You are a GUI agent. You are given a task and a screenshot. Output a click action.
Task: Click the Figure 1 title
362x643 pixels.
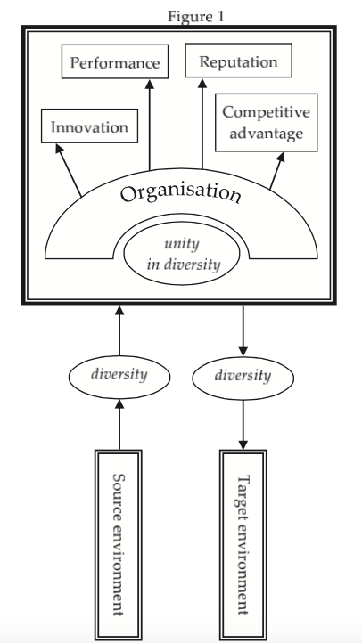click(x=196, y=16)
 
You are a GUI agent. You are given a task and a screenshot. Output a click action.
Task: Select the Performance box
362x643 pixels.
click(x=115, y=61)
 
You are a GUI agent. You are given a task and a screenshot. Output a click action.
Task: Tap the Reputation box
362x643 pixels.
click(x=238, y=61)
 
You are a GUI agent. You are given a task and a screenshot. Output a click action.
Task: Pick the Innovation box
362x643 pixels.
click(x=89, y=126)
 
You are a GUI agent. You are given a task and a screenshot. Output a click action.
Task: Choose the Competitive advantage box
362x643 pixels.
click(x=267, y=123)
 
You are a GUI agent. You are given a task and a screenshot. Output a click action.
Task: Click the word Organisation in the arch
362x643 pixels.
click(x=181, y=193)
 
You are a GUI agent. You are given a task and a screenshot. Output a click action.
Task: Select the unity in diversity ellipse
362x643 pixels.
click(x=181, y=254)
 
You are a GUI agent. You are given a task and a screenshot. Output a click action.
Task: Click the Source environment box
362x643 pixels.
click(x=119, y=545)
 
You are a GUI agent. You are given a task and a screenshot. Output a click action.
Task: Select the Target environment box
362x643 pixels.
click(x=243, y=546)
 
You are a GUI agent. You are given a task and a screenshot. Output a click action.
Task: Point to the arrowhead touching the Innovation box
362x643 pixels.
click(x=59, y=148)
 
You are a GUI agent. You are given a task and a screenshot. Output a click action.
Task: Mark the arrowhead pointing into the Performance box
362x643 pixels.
click(x=150, y=83)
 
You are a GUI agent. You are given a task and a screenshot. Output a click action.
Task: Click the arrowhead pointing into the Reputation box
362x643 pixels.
click(x=202, y=83)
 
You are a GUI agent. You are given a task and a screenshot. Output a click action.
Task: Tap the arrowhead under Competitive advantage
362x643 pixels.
click(x=281, y=157)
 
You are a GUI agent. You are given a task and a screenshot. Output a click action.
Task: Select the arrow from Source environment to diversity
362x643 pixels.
click(x=119, y=425)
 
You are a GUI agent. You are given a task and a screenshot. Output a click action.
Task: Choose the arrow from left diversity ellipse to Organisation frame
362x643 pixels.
click(x=119, y=330)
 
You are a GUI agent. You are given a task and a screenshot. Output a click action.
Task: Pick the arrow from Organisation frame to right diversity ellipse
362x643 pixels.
click(x=243, y=331)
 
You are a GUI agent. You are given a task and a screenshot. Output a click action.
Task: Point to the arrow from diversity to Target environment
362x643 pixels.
click(x=243, y=425)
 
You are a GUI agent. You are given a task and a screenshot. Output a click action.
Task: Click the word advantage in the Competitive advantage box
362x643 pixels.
click(x=267, y=134)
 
